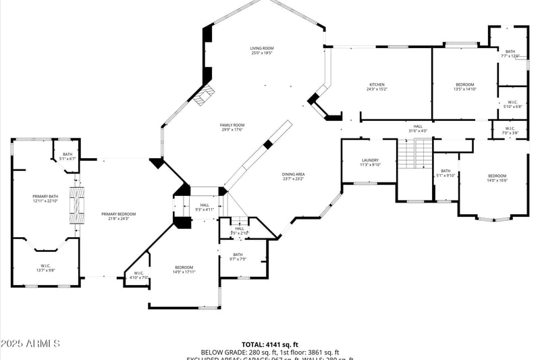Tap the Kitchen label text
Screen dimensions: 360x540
pos(377,86)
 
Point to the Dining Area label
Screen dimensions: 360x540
pos(293,176)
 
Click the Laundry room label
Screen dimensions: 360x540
pos(370,162)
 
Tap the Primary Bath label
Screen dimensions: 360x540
pos(45,199)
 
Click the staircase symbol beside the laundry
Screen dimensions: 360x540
pos(414,155)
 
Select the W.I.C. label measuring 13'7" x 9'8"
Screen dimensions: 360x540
pos(45,267)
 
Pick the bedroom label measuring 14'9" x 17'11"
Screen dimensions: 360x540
pos(184,269)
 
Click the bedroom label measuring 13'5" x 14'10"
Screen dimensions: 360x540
pos(464,86)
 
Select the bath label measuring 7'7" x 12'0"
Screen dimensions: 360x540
pos(510,53)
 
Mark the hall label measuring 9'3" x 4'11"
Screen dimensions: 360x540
pos(204,207)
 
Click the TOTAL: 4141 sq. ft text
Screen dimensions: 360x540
pos(269,344)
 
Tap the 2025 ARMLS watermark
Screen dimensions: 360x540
pos(30,344)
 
